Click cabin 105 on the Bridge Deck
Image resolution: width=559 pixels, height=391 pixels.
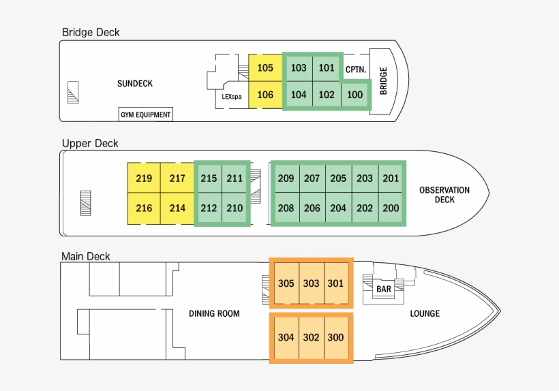pyautogui.click(x=265, y=68)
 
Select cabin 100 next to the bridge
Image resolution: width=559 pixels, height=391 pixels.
pyautogui.click(x=354, y=95)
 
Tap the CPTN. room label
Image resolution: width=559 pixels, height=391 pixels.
pyautogui.click(x=356, y=69)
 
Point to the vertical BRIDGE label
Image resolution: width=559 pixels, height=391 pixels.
pyautogui.click(x=384, y=80)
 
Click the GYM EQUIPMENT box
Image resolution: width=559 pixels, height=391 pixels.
pyautogui.click(x=146, y=114)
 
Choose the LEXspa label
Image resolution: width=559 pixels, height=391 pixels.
pyautogui.click(x=232, y=96)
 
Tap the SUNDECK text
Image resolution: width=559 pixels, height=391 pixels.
pyautogui.click(x=135, y=84)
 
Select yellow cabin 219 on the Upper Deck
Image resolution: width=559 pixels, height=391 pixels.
pyautogui.click(x=144, y=178)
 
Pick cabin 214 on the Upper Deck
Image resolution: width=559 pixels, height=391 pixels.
pyautogui.click(x=177, y=208)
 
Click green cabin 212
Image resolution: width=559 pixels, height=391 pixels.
pyautogui.click(x=209, y=208)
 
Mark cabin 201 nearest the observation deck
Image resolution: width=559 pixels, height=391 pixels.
pyautogui.click(x=391, y=178)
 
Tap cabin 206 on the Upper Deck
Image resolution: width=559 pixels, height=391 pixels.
pyautogui.click(x=312, y=208)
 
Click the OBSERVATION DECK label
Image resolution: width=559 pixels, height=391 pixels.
pyautogui.click(x=444, y=195)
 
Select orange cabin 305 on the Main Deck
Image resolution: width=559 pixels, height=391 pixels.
pyautogui.click(x=286, y=283)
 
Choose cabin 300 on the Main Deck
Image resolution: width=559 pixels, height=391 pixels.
pyautogui.click(x=335, y=337)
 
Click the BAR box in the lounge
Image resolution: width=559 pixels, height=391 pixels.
pyautogui.click(x=384, y=289)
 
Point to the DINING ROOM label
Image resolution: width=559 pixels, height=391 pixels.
pyautogui.click(x=214, y=313)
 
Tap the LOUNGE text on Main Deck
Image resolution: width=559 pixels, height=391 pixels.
pyautogui.click(x=425, y=313)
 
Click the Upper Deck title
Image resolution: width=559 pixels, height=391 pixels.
pyautogui.click(x=90, y=143)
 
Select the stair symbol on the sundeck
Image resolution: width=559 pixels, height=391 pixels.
pyautogui.click(x=73, y=91)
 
